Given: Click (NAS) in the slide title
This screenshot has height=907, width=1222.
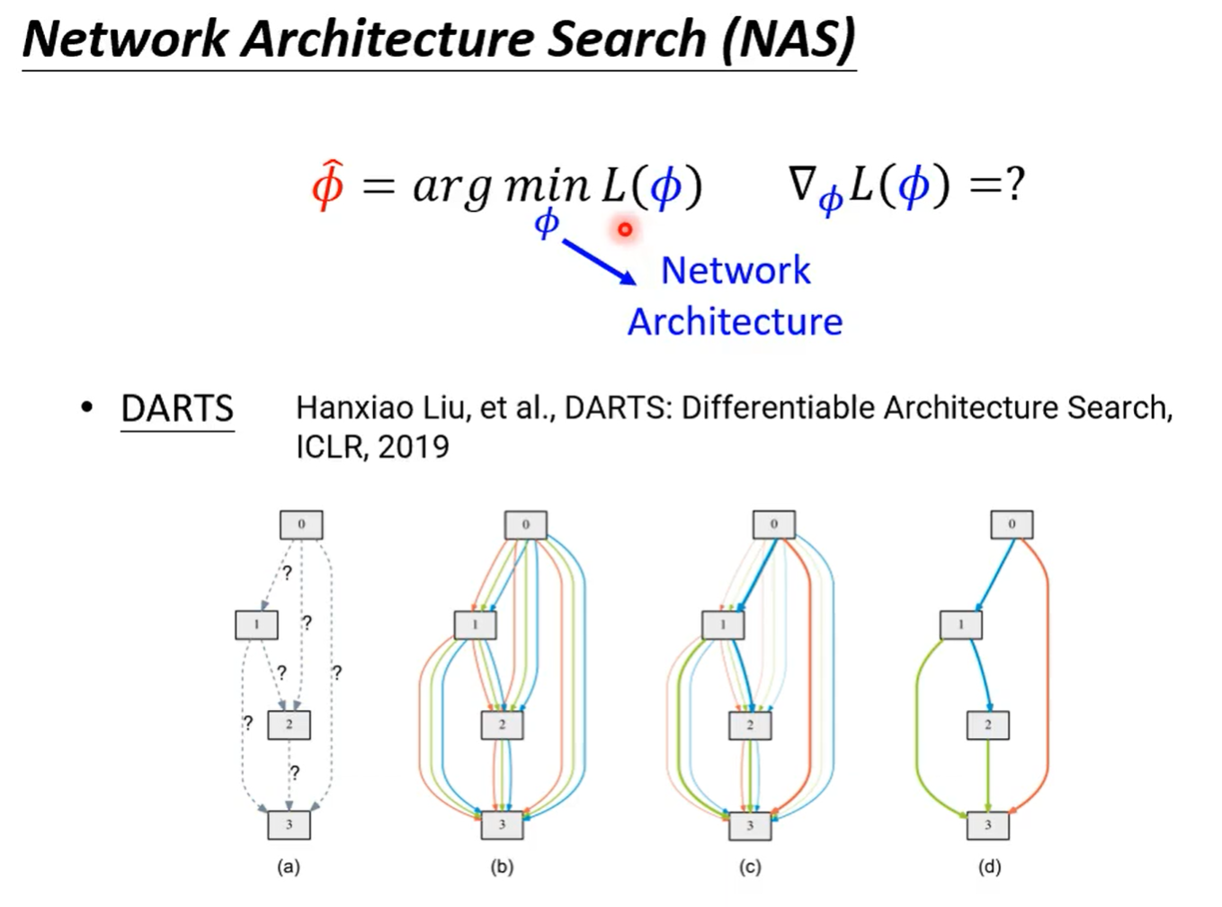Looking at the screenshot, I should point(789,39).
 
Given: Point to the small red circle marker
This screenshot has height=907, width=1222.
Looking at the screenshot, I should point(625,229).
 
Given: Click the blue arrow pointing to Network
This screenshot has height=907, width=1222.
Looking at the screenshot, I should point(599,262).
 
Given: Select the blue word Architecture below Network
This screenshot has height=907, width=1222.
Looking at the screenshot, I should point(735,321).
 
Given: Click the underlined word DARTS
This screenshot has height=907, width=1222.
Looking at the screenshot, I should point(177,409).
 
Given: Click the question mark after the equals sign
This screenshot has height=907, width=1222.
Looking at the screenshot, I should point(1015,184).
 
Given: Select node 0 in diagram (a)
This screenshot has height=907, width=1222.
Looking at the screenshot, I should point(300,524).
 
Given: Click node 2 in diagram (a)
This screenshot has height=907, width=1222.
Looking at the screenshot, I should point(289,724).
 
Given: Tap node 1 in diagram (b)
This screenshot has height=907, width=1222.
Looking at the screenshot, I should point(475,624).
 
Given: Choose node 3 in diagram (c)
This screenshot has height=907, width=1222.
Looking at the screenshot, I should point(750,824).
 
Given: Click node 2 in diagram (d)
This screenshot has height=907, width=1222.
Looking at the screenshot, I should point(987,724).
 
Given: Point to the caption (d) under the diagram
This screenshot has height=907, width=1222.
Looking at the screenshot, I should point(989,867).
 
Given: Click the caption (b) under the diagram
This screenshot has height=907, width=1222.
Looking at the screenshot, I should point(502,867).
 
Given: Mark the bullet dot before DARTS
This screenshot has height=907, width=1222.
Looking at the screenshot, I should point(86,408).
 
